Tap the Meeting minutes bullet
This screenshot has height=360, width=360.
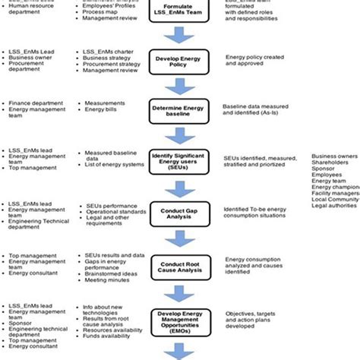(x=109, y=279)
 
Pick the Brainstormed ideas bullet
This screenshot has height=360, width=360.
(x=112, y=272)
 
